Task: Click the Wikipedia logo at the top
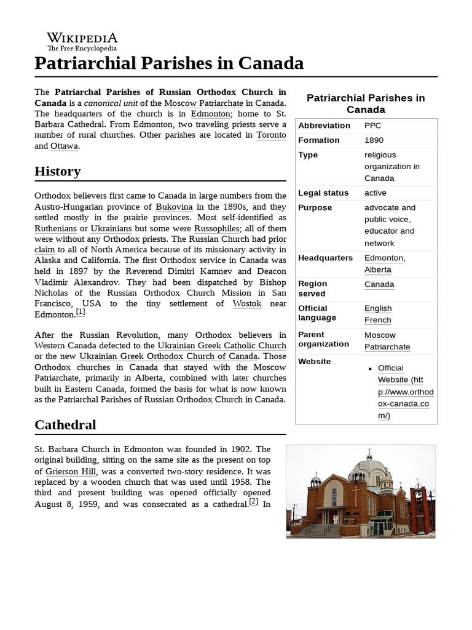(x=82, y=41)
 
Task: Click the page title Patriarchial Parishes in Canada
(x=169, y=63)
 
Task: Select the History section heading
(x=58, y=171)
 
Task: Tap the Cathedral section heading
(x=65, y=425)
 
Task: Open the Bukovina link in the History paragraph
(x=174, y=207)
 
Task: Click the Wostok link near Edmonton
(x=247, y=303)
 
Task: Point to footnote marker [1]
(x=81, y=312)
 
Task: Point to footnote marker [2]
(x=253, y=501)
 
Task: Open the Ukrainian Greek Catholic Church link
(x=222, y=346)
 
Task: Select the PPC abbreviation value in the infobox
(x=372, y=126)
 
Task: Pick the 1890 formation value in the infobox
(x=374, y=140)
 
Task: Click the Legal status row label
(x=323, y=193)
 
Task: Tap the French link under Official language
(x=377, y=320)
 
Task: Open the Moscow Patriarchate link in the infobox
(x=387, y=341)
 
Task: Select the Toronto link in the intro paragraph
(x=271, y=135)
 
